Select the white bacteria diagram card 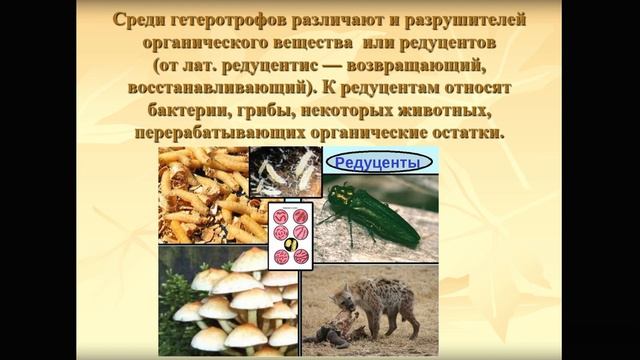(x=290, y=235)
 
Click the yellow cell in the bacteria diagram (x=291, y=243)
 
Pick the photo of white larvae (x=284, y=171)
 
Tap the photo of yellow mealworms (x=205, y=195)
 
